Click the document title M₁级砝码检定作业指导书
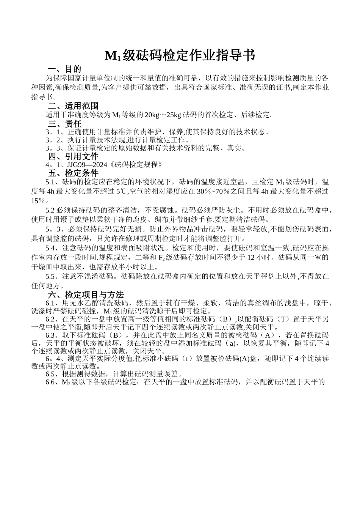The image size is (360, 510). click(x=180, y=56)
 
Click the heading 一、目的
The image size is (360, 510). click(x=64, y=69)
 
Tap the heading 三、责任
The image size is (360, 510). click(x=64, y=124)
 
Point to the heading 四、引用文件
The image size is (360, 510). click(x=73, y=156)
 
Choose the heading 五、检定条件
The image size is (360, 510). click(x=73, y=173)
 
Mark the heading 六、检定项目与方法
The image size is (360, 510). click(x=86, y=294)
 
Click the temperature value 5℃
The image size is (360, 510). click(x=122, y=191)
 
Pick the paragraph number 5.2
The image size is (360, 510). click(x=50, y=210)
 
